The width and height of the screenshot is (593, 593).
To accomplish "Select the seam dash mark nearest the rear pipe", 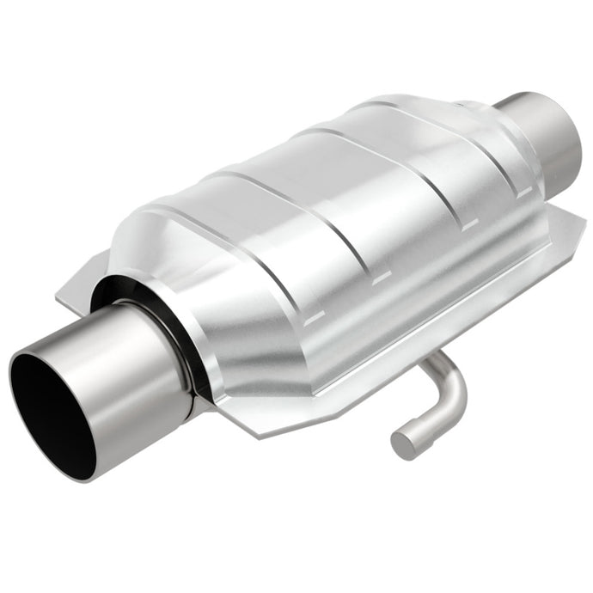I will pos(468,228).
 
